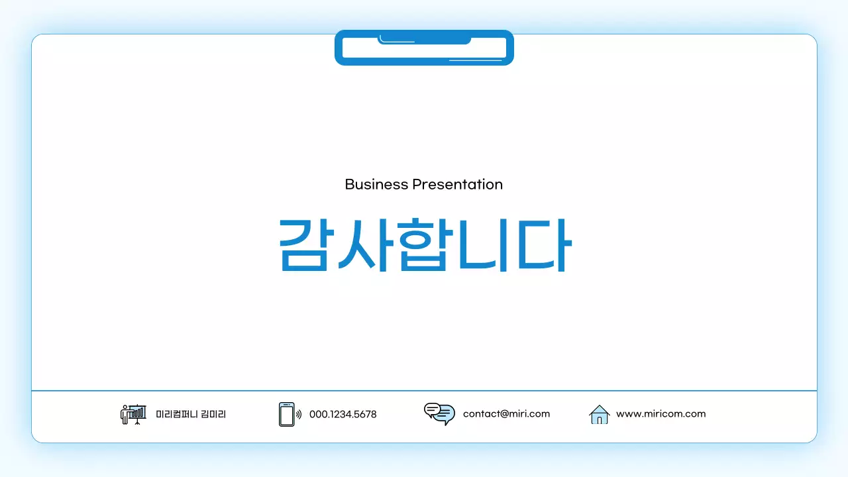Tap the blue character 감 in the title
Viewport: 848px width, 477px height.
304,244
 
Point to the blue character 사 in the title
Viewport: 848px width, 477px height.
363,244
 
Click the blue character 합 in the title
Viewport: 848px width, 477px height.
422,244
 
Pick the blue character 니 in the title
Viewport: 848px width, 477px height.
482,244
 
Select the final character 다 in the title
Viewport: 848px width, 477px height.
543,244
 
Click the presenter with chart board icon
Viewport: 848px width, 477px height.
133,414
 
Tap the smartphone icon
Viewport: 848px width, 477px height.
286,414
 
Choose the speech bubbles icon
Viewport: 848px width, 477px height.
439,413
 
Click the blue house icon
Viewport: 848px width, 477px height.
599,414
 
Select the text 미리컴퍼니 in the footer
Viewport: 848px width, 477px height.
176,414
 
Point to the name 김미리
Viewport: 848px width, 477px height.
213,414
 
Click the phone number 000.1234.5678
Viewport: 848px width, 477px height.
343,414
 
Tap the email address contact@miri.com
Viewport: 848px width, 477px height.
506,414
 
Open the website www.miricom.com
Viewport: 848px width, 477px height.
661,414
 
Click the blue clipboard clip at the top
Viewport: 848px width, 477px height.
424,48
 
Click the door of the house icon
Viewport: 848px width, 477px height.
599,419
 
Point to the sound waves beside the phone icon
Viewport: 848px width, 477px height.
299,415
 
